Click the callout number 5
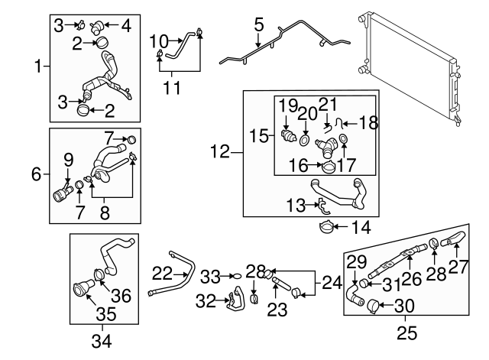click(x=259, y=26)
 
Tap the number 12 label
click(x=219, y=152)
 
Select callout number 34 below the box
click(x=102, y=342)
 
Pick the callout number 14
click(x=360, y=226)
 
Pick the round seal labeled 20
click(x=305, y=141)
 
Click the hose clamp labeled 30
click(x=374, y=306)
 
